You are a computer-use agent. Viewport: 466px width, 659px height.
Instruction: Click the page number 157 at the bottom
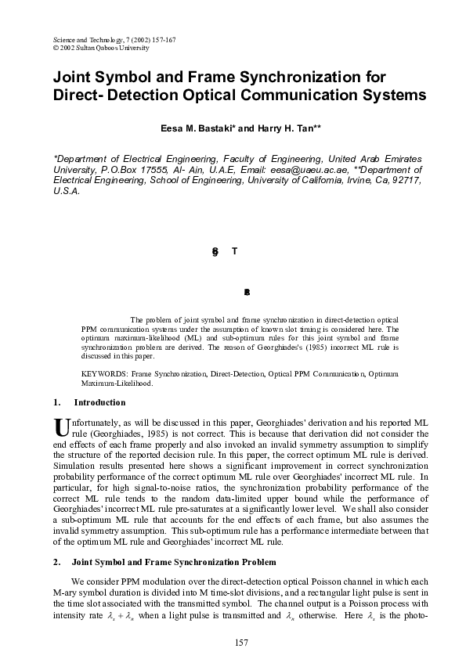point(240,643)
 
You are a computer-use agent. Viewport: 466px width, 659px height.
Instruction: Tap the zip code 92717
point(405,179)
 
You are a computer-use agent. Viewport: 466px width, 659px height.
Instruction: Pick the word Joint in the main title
point(72,77)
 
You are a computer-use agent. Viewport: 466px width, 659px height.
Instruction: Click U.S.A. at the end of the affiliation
point(65,190)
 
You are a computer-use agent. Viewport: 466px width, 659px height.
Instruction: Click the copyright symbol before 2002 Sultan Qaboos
point(55,48)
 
